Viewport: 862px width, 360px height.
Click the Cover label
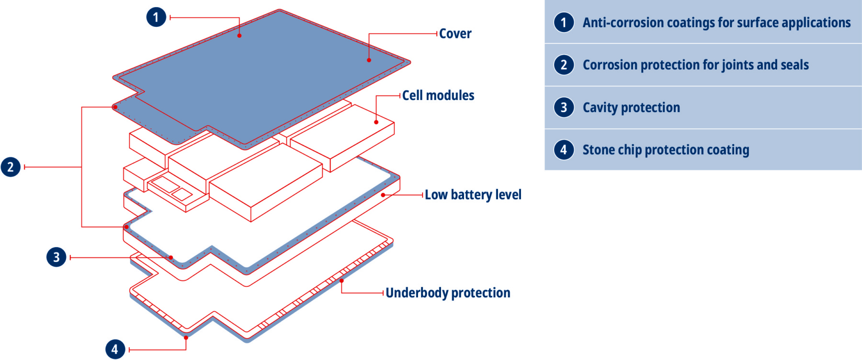click(x=455, y=34)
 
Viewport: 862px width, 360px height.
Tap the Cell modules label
click(x=438, y=96)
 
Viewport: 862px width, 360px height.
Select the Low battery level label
click(x=473, y=195)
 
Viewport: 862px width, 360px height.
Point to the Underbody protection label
click(x=448, y=293)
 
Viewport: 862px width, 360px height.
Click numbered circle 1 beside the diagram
click(x=156, y=17)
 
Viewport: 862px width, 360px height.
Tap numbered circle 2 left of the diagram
click(x=11, y=167)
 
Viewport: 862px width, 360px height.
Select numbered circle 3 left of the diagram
click(x=57, y=257)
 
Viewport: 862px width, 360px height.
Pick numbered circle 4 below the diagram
click(x=115, y=349)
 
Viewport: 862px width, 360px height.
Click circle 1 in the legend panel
click(x=564, y=22)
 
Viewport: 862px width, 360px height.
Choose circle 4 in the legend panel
click(x=564, y=150)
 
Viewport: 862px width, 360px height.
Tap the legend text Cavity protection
click(x=631, y=108)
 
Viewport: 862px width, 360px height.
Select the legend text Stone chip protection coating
click(x=666, y=150)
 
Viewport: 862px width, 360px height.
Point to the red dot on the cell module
click(x=376, y=122)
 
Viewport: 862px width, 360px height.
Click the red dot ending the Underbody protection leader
click(x=341, y=281)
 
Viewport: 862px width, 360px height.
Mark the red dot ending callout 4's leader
click(x=186, y=337)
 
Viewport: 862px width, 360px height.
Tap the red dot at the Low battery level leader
click(x=383, y=195)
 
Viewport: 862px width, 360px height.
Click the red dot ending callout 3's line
click(x=171, y=258)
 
